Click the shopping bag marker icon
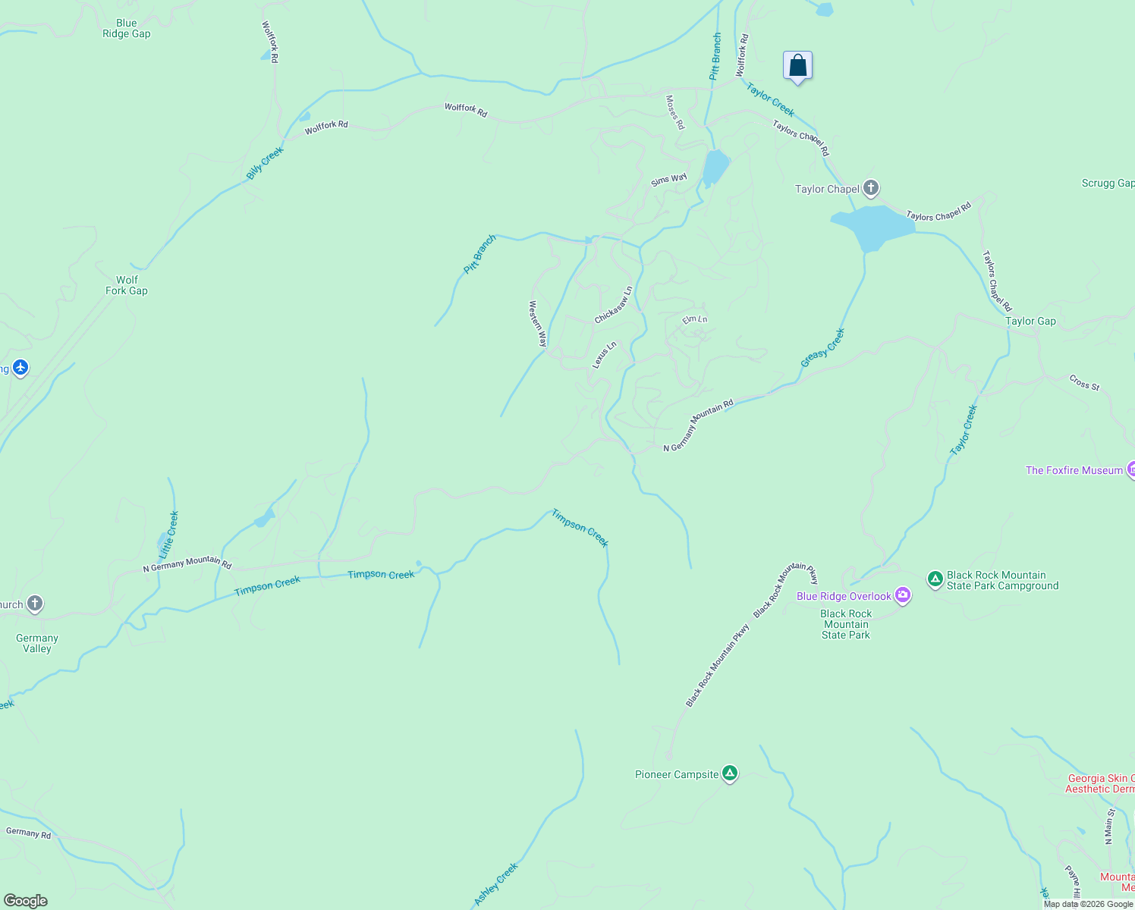[797, 66]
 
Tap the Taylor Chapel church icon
[870, 188]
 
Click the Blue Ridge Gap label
[127, 29]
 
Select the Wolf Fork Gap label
[127, 285]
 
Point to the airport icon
[20, 369]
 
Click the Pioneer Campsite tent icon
[730, 773]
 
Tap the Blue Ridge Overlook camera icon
[902, 595]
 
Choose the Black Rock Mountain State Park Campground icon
[935, 579]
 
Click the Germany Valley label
[37, 643]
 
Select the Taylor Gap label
[1030, 321]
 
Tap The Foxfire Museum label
[1074, 470]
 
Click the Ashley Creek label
[495, 883]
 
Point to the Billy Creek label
[265, 162]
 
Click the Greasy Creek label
[822, 348]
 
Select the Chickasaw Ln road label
[613, 305]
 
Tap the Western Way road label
[537, 324]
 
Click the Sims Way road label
[668, 180]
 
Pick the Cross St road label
[1084, 382]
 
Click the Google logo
[25, 901]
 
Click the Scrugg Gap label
[1108, 183]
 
